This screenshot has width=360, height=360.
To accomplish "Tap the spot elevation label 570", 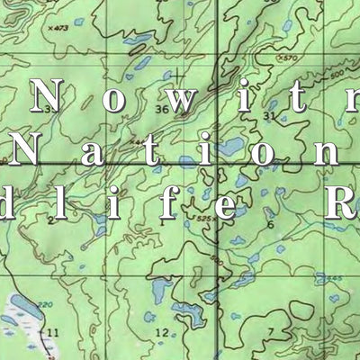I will point(288,58).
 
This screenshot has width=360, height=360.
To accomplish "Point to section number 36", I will point(162,110).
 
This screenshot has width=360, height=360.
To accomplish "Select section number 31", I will point(269,116).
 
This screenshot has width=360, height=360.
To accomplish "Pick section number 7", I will point(269,331).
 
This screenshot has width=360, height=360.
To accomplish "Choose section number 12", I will point(161,333).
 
